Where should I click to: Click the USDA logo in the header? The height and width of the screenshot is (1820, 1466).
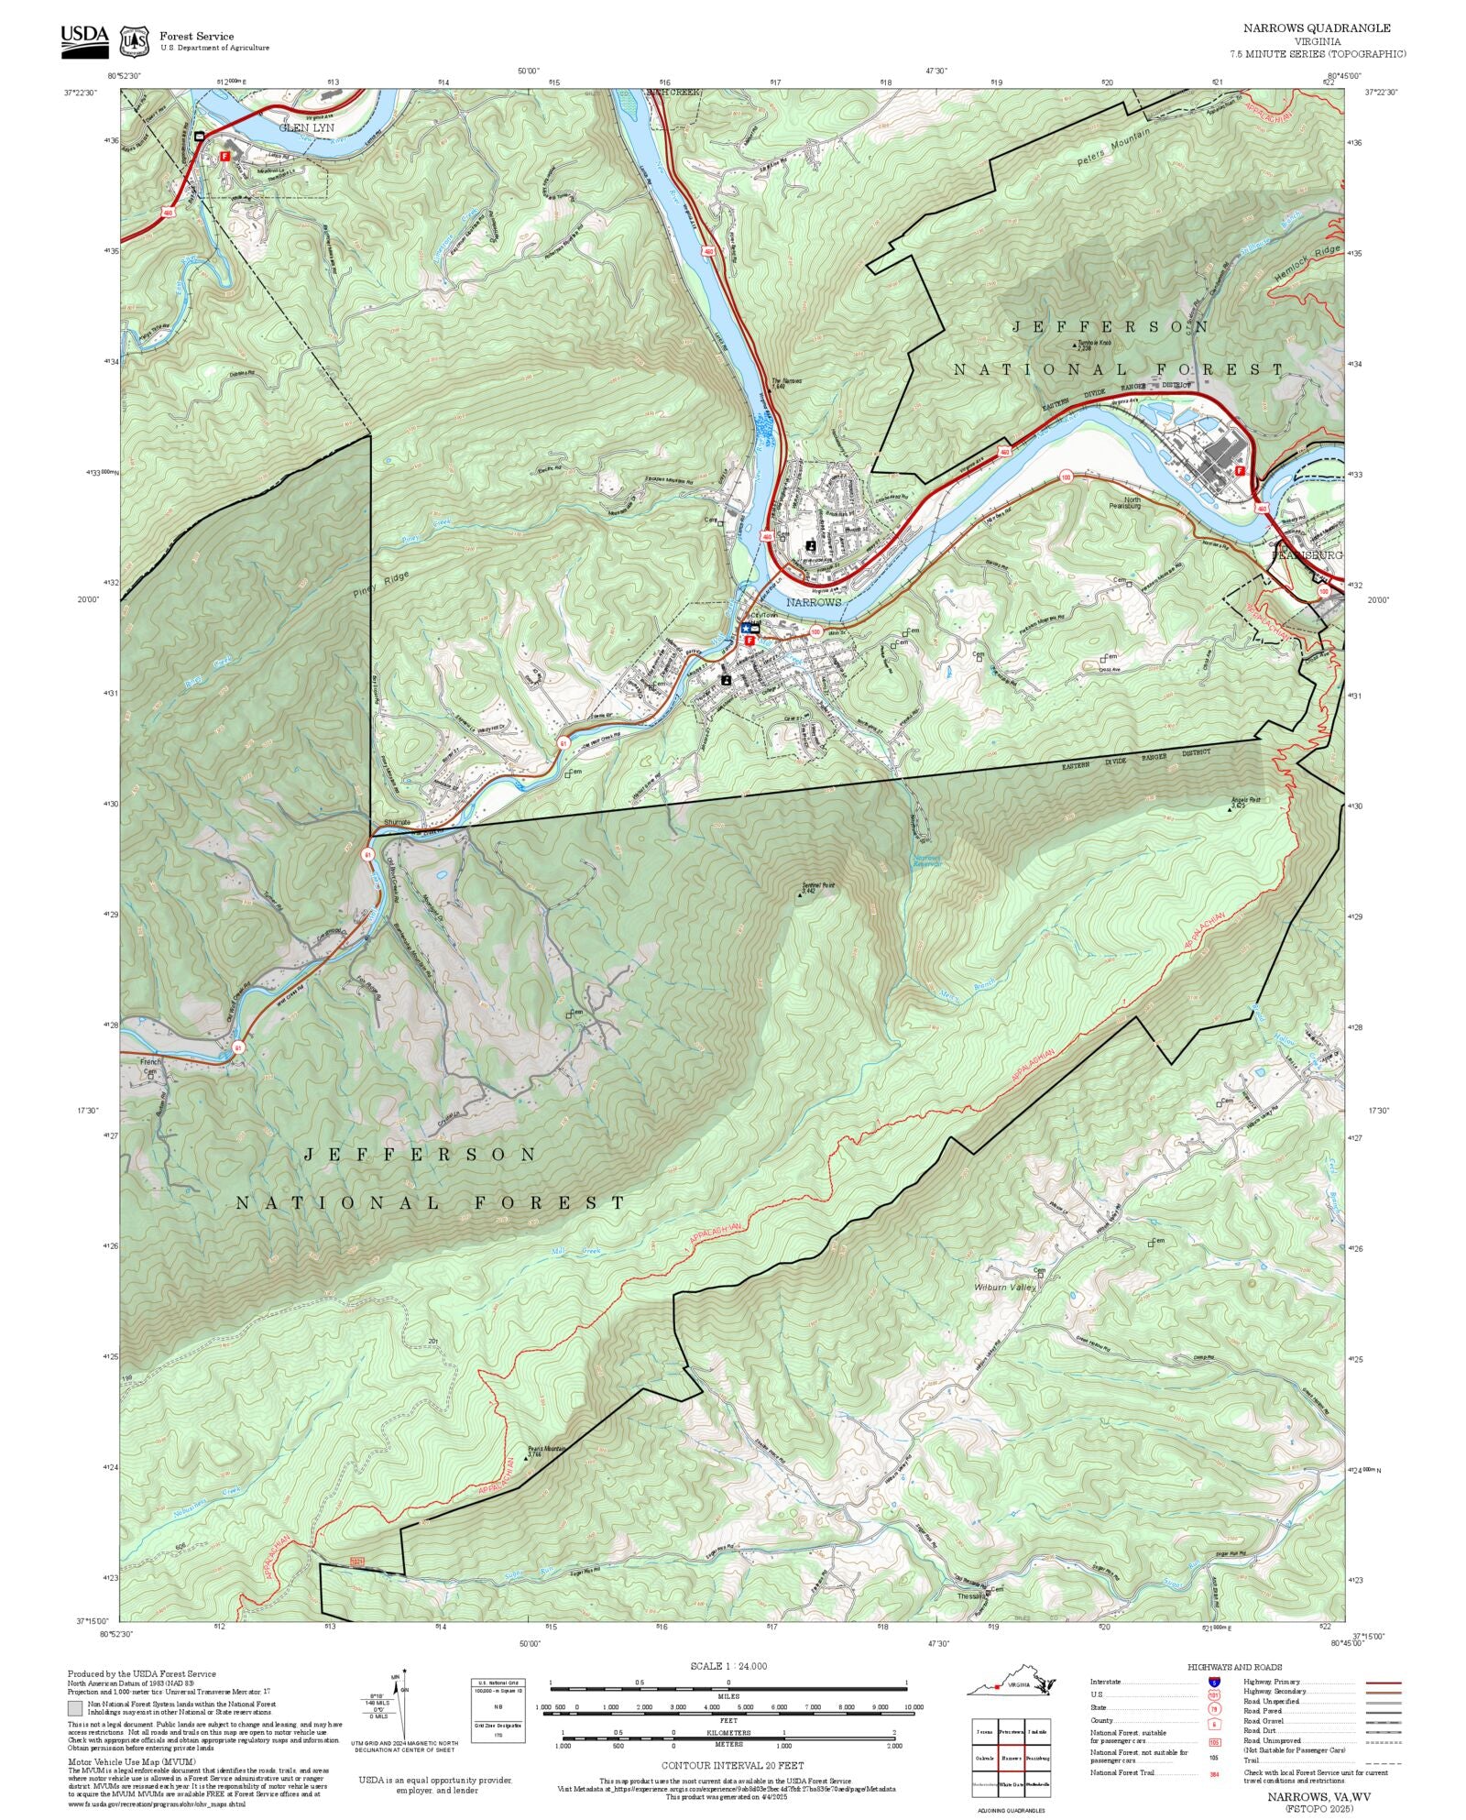(x=84, y=41)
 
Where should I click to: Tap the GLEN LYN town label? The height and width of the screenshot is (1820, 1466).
(x=306, y=128)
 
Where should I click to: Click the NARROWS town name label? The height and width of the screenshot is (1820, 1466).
(x=813, y=602)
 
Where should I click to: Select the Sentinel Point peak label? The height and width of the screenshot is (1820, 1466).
(x=817, y=887)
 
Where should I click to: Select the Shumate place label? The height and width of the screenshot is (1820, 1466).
(x=398, y=822)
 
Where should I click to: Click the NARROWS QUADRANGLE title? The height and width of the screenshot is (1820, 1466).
(x=1316, y=28)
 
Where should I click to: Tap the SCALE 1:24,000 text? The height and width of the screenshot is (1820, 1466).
(x=728, y=1666)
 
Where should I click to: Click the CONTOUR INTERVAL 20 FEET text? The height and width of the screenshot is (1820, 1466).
(x=732, y=1765)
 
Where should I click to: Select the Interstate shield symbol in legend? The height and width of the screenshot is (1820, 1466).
(x=1215, y=1683)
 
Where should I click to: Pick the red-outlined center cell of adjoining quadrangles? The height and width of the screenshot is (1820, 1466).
(x=1011, y=1759)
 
